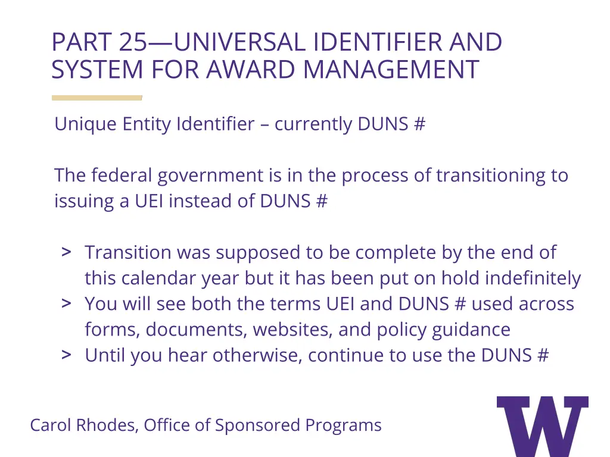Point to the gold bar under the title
point(97,98)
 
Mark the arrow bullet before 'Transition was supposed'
point(67,252)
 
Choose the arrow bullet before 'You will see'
point(67,303)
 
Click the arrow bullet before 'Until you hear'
point(67,355)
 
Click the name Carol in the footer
point(51,425)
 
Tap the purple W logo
point(542,425)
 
